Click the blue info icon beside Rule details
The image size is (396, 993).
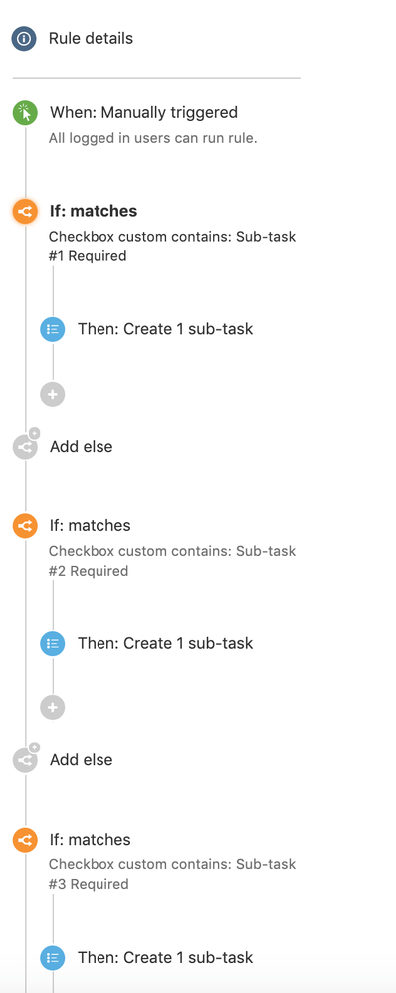(x=24, y=39)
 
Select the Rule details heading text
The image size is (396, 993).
(x=91, y=39)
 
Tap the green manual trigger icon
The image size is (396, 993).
(x=25, y=113)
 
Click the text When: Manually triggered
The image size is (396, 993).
(x=143, y=113)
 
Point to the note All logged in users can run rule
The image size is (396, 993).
(x=153, y=138)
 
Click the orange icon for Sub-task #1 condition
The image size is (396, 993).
(x=25, y=211)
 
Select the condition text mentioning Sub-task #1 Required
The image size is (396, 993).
(x=172, y=247)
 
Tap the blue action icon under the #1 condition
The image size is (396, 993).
(x=53, y=329)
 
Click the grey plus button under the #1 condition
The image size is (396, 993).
(x=53, y=394)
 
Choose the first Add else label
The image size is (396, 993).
(x=81, y=447)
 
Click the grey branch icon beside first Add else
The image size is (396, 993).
(x=25, y=447)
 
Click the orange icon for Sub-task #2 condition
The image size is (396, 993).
(x=25, y=526)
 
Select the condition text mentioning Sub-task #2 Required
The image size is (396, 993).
(x=172, y=561)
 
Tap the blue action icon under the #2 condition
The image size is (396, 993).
(x=53, y=643)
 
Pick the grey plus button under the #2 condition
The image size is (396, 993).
(x=53, y=708)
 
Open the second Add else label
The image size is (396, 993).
(x=81, y=760)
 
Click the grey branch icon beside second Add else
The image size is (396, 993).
(x=25, y=760)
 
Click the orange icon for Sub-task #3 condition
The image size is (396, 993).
(x=25, y=840)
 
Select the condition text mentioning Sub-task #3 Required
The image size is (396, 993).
(x=172, y=874)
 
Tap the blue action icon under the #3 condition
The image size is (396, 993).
(x=53, y=957)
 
